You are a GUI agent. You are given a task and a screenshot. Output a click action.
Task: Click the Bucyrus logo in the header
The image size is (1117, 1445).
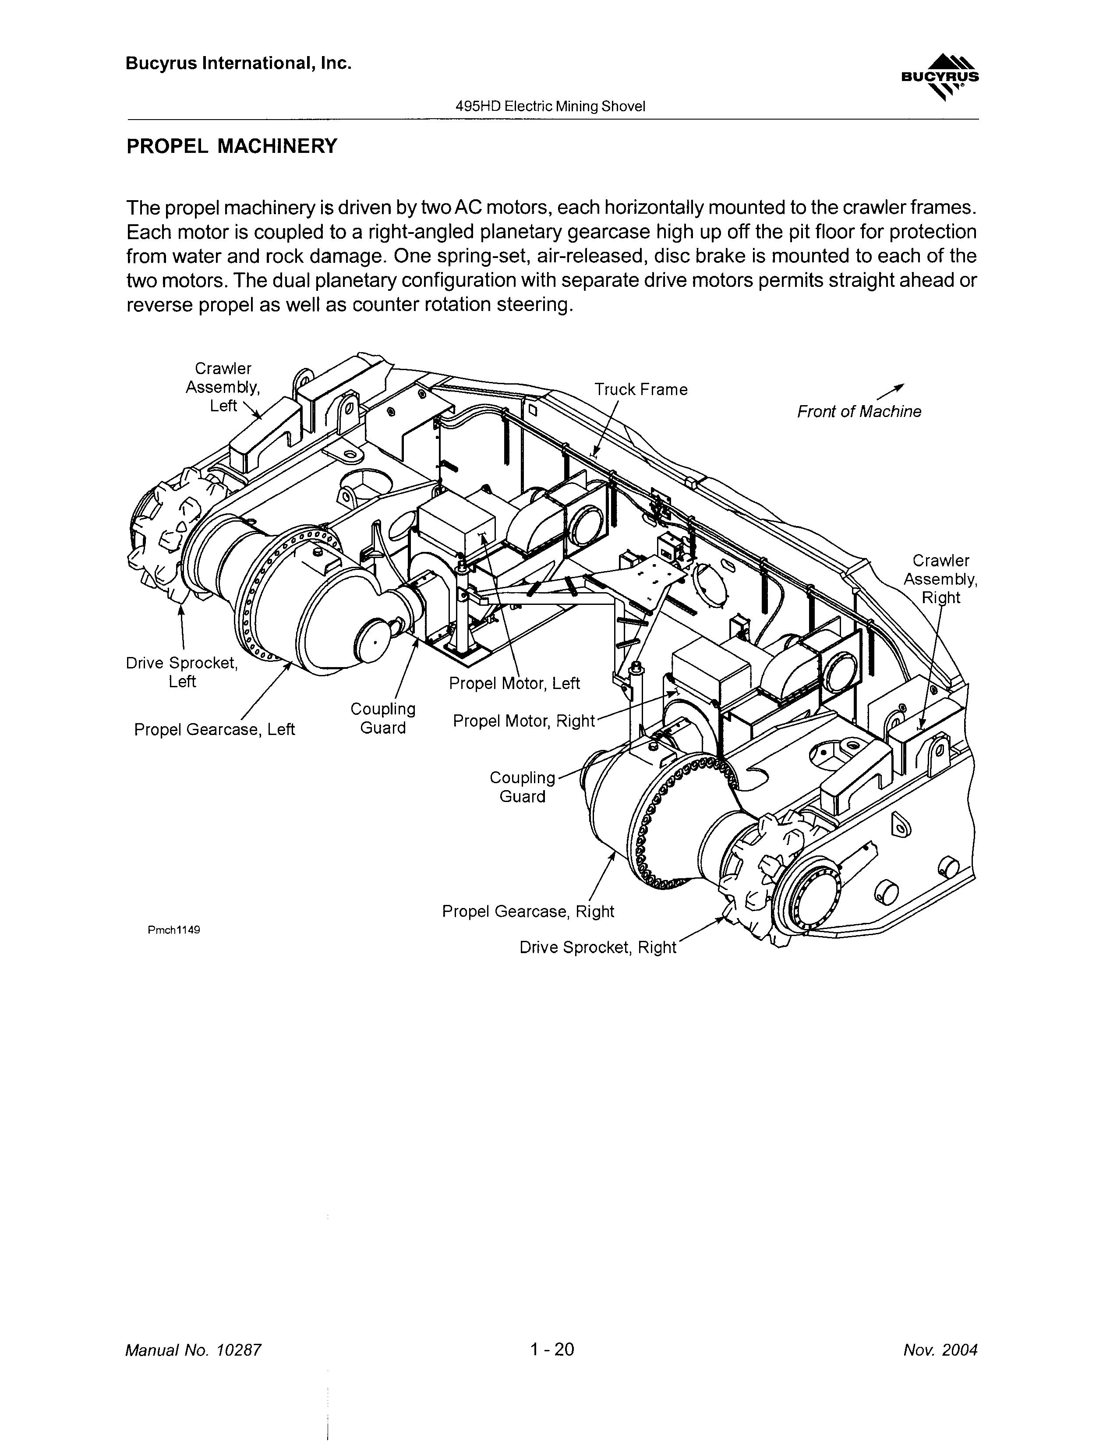click(940, 78)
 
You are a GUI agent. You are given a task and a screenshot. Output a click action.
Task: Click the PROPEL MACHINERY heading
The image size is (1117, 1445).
click(232, 146)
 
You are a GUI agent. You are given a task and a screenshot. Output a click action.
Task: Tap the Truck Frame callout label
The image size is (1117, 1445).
click(640, 390)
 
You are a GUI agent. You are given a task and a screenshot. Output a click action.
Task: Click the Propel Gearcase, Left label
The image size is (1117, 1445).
click(214, 729)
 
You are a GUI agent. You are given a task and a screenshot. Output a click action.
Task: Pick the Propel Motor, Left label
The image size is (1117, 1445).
click(514, 683)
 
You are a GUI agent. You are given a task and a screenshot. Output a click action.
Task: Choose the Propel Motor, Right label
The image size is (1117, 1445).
click(524, 721)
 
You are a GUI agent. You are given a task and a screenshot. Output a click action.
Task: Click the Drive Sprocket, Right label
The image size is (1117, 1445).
click(597, 947)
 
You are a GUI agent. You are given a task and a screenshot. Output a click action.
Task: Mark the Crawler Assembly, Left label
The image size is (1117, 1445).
click(223, 387)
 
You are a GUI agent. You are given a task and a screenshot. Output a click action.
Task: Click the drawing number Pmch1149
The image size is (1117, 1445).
click(174, 929)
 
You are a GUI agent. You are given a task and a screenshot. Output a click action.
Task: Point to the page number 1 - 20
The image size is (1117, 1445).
click(552, 1349)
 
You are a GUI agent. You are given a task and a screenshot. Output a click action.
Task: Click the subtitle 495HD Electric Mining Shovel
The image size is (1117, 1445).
click(550, 106)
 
